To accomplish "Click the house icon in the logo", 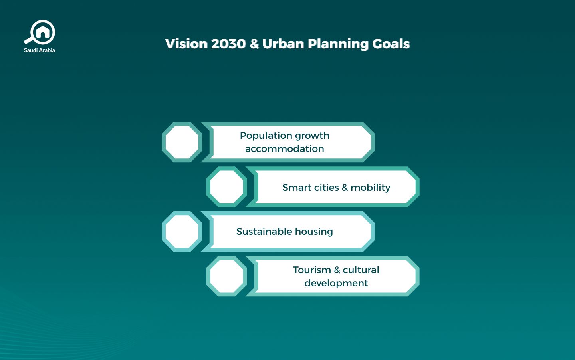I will click(43, 32).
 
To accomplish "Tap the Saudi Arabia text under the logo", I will click(40, 50).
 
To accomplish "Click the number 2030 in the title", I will click(228, 44).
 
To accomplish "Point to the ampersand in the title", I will click(254, 44).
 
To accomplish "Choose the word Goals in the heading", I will click(391, 44).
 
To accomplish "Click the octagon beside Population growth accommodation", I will click(182, 142).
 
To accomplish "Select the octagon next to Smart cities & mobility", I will click(227, 187).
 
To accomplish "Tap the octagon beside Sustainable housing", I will click(182, 232).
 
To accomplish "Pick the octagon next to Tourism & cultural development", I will click(227, 276).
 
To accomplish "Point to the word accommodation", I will click(285, 149).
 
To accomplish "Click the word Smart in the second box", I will click(296, 188).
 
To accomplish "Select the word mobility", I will click(370, 188).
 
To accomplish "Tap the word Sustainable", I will click(264, 232).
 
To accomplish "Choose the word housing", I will click(314, 232).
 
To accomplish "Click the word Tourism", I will click(312, 270).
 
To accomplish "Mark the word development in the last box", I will click(336, 283).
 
